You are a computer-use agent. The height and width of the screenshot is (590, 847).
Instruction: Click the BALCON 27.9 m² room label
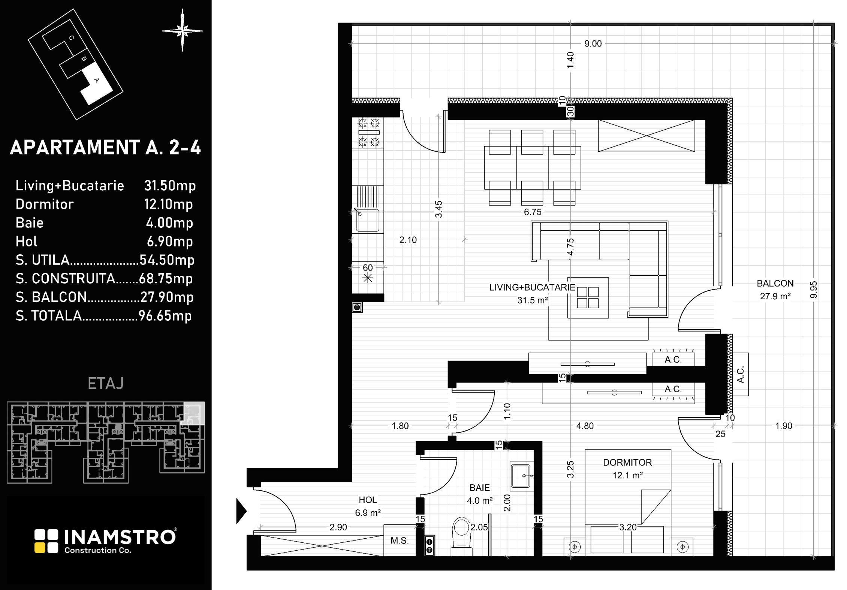[x=775, y=290]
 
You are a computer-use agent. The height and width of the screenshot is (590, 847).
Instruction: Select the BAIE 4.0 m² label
[x=479, y=494]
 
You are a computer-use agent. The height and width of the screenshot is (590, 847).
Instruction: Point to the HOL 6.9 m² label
[x=368, y=506]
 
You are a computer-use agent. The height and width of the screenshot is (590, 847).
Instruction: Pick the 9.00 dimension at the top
[x=593, y=44]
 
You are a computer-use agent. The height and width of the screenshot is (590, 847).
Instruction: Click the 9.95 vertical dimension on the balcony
[x=814, y=290]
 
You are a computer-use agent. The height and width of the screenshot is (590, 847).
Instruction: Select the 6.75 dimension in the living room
[x=533, y=212]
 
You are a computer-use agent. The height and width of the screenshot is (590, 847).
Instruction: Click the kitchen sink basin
[x=367, y=220]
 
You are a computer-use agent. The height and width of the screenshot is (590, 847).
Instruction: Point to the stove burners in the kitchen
[x=368, y=133]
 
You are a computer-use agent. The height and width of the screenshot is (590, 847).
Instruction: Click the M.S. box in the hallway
[x=400, y=540]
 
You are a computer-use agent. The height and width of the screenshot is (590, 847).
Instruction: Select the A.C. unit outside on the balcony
[x=741, y=374]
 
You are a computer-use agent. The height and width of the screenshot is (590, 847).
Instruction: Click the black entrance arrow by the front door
[x=241, y=511]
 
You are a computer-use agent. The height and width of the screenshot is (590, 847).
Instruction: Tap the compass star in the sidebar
[x=183, y=30]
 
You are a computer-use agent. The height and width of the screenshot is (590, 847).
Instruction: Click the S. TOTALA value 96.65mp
[x=165, y=316]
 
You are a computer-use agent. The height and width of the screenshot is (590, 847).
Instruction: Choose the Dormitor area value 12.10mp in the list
[x=168, y=205]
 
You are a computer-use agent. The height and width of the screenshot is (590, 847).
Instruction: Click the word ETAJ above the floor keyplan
[x=106, y=384]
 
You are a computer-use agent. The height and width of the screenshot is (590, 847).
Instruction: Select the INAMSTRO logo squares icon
[x=46, y=541]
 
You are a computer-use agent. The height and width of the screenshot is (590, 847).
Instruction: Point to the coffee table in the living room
[x=588, y=297]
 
